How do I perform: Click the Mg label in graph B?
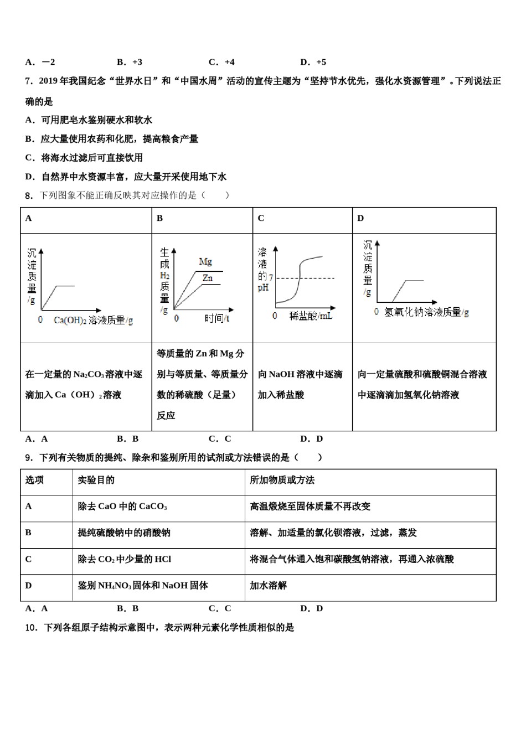click(205, 262)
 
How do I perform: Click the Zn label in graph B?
click(207, 278)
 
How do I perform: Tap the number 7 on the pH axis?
click(271, 277)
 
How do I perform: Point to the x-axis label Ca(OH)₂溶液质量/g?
click(93, 320)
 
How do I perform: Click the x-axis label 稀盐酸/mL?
click(311, 316)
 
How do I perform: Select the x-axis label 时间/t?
click(217, 318)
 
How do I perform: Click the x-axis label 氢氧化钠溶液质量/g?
click(426, 312)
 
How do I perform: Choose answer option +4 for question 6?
click(222, 62)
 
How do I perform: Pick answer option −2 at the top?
click(40, 62)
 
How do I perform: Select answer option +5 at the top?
click(314, 62)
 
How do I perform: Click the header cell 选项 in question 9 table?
click(34, 480)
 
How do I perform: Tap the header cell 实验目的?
click(96, 480)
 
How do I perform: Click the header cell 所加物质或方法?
click(282, 480)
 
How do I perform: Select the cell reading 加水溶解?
click(268, 586)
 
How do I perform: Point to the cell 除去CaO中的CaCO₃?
click(122, 507)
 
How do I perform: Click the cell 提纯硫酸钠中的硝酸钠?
click(124, 533)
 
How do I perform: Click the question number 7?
click(29, 81)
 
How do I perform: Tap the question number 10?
click(31, 628)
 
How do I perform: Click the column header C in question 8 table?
click(261, 219)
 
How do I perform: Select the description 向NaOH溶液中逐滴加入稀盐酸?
click(301, 385)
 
